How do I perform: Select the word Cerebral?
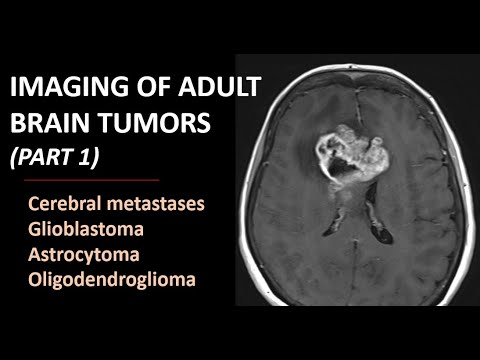point(69,205)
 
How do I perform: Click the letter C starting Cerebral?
point(37,205)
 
